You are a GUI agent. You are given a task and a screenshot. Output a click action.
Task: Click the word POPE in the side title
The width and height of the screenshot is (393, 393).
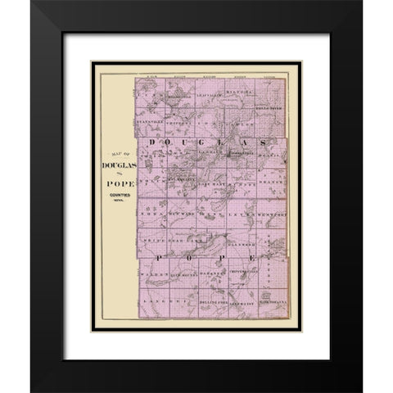coord(118,184)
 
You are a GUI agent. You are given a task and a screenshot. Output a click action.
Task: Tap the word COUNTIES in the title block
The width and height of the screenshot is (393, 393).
coord(118,196)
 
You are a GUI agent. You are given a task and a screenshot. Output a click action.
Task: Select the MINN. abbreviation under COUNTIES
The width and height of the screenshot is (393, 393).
coord(118,203)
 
